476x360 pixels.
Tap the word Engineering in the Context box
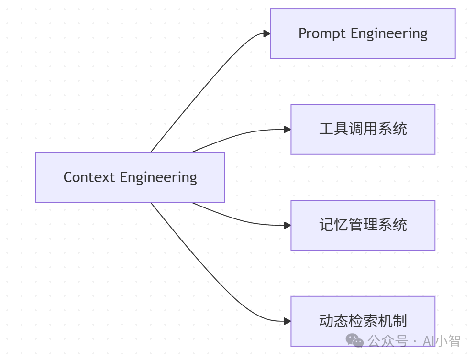pyautogui.click(x=158, y=177)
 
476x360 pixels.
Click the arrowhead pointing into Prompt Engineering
pyautogui.click(x=267, y=33)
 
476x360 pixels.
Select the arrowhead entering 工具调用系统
pyautogui.click(x=287, y=129)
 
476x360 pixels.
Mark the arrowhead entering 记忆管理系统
pyautogui.click(x=287, y=225)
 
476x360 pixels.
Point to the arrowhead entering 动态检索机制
pyautogui.click(x=287, y=321)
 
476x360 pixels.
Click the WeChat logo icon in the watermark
pyautogui.click(x=355, y=340)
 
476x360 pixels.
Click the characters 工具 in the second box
pyautogui.click(x=333, y=129)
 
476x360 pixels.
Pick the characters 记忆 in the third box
pyautogui.click(x=333, y=225)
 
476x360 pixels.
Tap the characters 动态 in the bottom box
pyautogui.click(x=333, y=321)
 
